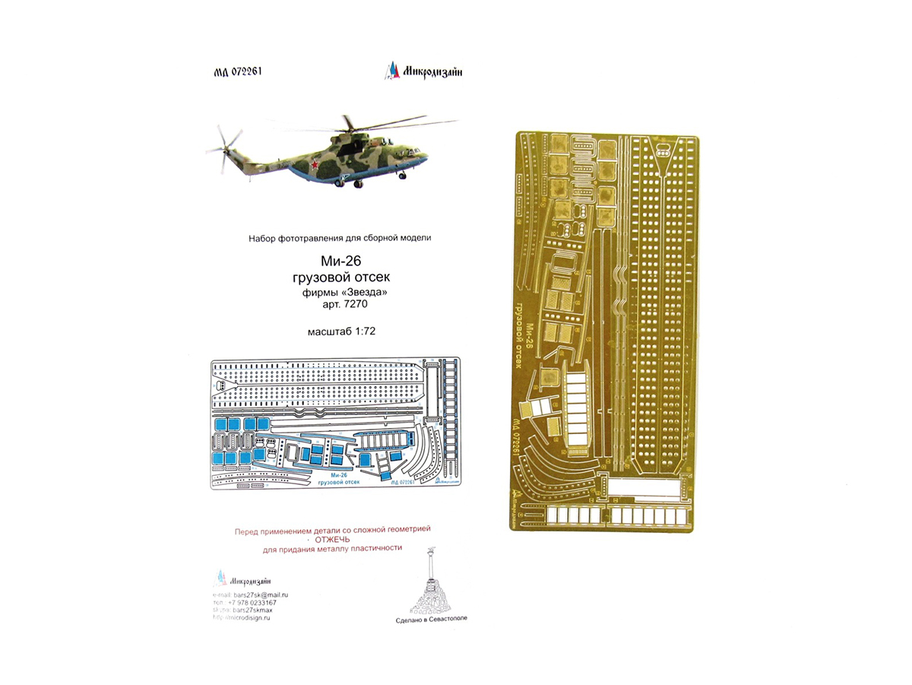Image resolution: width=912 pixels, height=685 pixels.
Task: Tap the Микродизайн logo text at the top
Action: pos(430,72)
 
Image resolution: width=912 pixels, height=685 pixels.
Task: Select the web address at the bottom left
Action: pos(242,618)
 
